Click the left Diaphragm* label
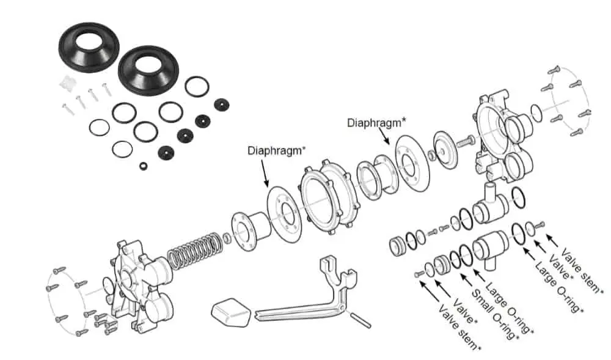tap(276, 150)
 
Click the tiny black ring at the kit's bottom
tap(143, 166)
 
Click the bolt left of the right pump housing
tap(463, 141)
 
